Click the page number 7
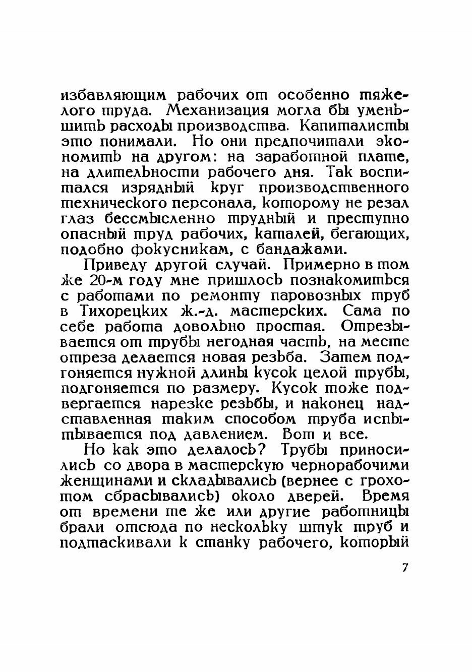(x=404, y=567)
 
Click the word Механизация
(x=217, y=109)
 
